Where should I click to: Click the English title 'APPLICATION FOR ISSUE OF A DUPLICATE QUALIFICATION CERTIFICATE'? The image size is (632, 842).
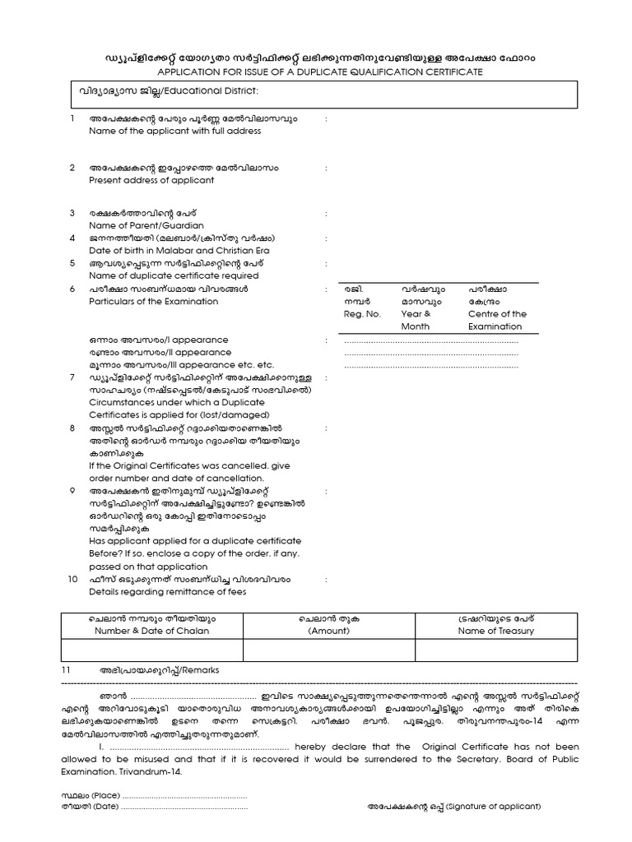pyautogui.click(x=315, y=72)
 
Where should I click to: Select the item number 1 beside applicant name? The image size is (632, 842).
pyautogui.click(x=72, y=119)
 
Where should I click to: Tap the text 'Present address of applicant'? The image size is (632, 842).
pyautogui.click(x=151, y=179)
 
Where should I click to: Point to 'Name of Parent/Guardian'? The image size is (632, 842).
pyautogui.click(x=146, y=225)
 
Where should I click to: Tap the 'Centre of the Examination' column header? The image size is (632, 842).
pyautogui.click(x=497, y=320)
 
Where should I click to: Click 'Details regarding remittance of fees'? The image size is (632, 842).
pyautogui.click(x=166, y=592)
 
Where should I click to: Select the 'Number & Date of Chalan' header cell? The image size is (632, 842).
pyautogui.click(x=151, y=631)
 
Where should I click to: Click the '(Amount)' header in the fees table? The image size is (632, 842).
pyautogui.click(x=329, y=631)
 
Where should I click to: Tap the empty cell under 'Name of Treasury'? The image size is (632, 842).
pyautogui.click(x=495, y=650)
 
